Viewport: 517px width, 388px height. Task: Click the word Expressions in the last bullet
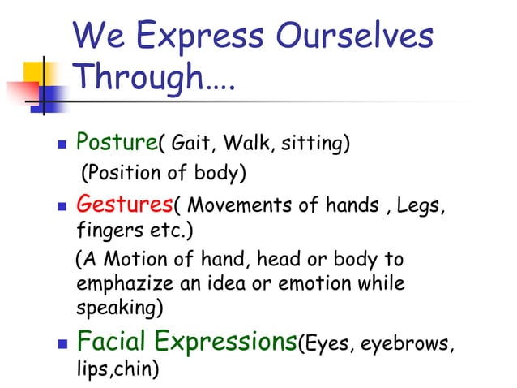(236, 341)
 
